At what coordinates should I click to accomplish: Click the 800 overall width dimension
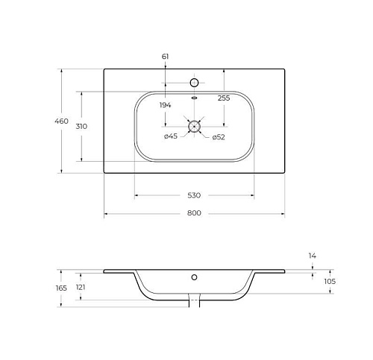[194, 213]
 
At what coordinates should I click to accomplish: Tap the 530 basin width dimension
[194, 195]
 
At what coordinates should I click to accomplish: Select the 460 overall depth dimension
[61, 121]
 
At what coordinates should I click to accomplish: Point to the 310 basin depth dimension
[81, 127]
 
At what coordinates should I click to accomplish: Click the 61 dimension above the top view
[165, 57]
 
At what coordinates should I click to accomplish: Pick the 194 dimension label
[165, 105]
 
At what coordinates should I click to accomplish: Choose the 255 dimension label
[224, 98]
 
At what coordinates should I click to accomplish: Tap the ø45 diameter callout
[171, 136]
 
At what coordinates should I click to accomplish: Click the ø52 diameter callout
[219, 137]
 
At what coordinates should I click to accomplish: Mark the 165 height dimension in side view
[61, 288]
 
